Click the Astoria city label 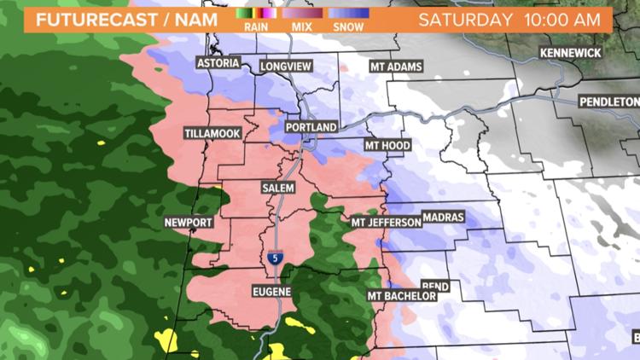pyautogui.click(x=217, y=64)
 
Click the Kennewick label pyautogui.click(x=570, y=53)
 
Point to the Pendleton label pyautogui.click(x=608, y=102)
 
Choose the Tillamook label pyautogui.click(x=212, y=133)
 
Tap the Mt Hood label pyautogui.click(x=387, y=146)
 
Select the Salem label pyautogui.click(x=279, y=186)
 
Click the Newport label pyautogui.click(x=188, y=223)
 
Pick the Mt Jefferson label pyautogui.click(x=387, y=223)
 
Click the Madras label pyautogui.click(x=444, y=218)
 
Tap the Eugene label pyautogui.click(x=272, y=292)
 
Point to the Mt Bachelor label pyautogui.click(x=402, y=296)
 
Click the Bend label pyautogui.click(x=435, y=287)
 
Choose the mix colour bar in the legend pyautogui.click(x=302, y=14)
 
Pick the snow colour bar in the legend pyautogui.click(x=350, y=14)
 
